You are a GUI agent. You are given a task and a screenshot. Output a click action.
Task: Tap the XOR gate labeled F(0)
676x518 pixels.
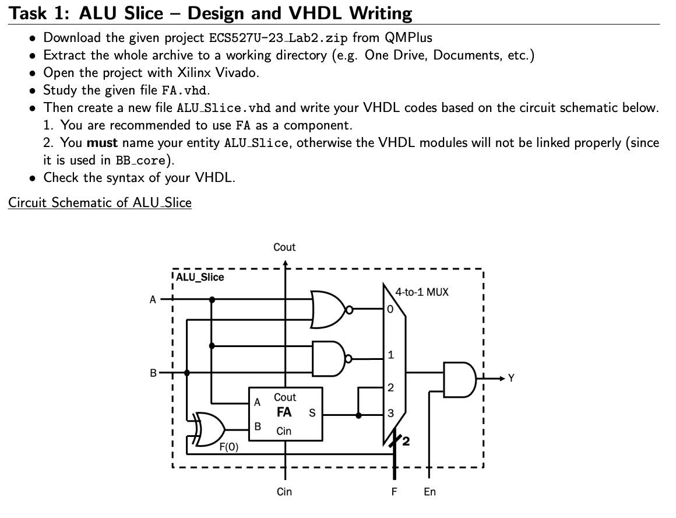[207, 429]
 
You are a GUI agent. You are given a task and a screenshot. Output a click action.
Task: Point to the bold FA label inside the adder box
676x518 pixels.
[284, 412]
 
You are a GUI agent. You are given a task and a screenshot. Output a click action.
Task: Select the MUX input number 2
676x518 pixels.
[390, 388]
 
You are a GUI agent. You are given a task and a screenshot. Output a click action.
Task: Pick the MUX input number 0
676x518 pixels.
[390, 309]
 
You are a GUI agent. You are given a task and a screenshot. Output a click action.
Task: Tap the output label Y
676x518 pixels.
[511, 379]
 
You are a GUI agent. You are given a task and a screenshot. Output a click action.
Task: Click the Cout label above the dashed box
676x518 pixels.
[284, 247]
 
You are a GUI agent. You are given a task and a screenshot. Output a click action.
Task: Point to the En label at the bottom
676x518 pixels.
[429, 492]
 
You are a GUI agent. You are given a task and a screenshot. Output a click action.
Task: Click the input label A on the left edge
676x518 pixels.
[153, 300]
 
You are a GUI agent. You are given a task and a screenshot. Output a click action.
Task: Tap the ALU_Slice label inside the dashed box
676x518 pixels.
[200, 278]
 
